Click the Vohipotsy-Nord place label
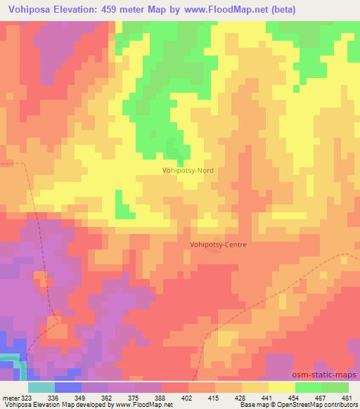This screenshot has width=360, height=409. (x=188, y=170)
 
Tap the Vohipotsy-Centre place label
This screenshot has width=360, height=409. (x=217, y=245)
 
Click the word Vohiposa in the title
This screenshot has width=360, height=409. (x=29, y=10)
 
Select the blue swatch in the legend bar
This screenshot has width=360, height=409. (x=68, y=387)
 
